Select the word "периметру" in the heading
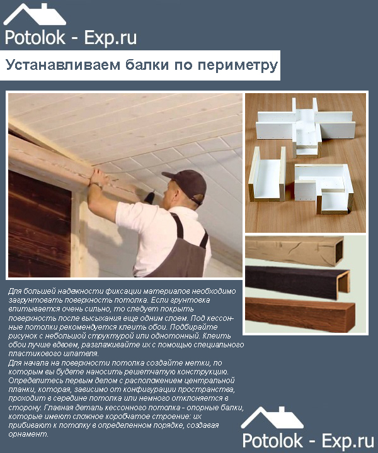(238, 65)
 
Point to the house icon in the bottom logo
(272, 418)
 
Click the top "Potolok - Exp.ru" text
(71, 38)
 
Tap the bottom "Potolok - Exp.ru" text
(308, 441)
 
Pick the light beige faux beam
(294, 251)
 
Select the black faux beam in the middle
(297, 282)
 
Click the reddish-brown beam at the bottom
(301, 315)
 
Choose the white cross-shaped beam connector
(306, 127)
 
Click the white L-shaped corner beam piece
(324, 188)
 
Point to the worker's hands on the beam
(99, 177)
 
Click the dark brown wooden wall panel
(39, 224)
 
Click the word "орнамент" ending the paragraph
(28, 434)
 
